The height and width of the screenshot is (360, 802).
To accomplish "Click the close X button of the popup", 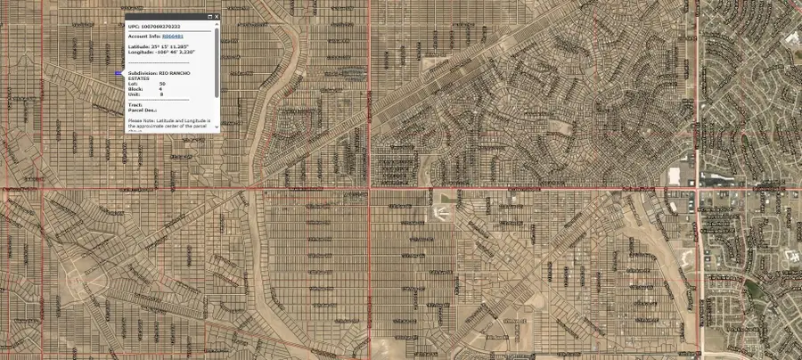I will (x=216, y=17).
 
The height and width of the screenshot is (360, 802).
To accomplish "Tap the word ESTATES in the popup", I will (x=139, y=78).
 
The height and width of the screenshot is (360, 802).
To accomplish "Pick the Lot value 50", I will (x=162, y=84).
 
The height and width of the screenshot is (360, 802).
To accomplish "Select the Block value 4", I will (x=160, y=89).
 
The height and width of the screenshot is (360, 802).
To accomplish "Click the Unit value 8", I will (x=160, y=94).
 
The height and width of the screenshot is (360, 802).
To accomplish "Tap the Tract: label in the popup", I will (x=135, y=104).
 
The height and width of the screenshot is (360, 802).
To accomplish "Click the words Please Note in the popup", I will (x=142, y=119).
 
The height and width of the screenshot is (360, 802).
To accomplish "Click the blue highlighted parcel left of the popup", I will (x=119, y=74).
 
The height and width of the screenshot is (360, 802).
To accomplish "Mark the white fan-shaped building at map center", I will (x=438, y=213).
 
